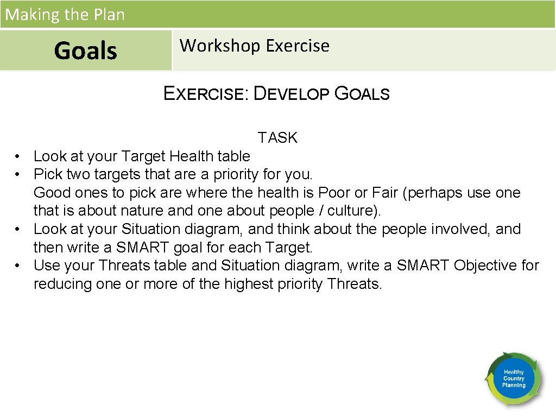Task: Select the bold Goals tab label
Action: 86,51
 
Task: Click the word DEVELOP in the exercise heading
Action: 291,94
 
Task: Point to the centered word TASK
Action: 277,138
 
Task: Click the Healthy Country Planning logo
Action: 513,379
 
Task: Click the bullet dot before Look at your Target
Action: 18,157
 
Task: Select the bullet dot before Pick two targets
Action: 18,175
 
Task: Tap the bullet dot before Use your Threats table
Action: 18,266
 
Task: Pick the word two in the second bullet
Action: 78,174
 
